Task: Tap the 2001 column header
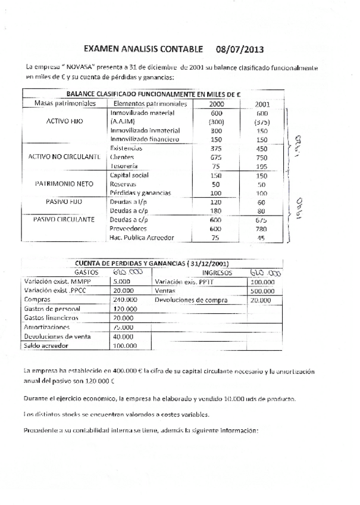pos(262,104)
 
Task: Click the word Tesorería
pos(124,166)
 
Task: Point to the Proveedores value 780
pos(262,229)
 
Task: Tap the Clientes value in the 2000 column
pos(217,157)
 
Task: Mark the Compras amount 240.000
pos(126,300)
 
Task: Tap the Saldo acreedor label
pos(47,345)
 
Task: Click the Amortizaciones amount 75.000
pos(126,327)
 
